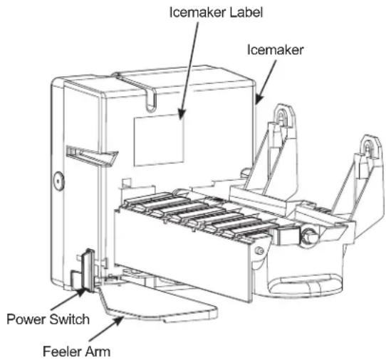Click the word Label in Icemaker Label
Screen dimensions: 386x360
pos(246,12)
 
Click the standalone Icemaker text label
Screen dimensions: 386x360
pos(275,50)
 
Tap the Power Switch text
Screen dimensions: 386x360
pos(48,319)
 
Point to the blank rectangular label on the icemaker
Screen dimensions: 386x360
pos(159,140)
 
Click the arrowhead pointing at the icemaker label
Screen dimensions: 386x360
pos(182,114)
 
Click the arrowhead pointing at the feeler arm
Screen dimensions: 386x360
pos(119,320)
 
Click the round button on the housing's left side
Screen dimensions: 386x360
pos(58,181)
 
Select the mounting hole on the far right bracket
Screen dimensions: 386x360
pos(367,147)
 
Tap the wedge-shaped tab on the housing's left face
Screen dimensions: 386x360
pos(93,156)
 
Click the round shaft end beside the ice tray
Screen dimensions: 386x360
pos(308,235)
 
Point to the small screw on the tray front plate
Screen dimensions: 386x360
pos(259,250)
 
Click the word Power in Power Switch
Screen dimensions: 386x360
pos(26,319)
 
